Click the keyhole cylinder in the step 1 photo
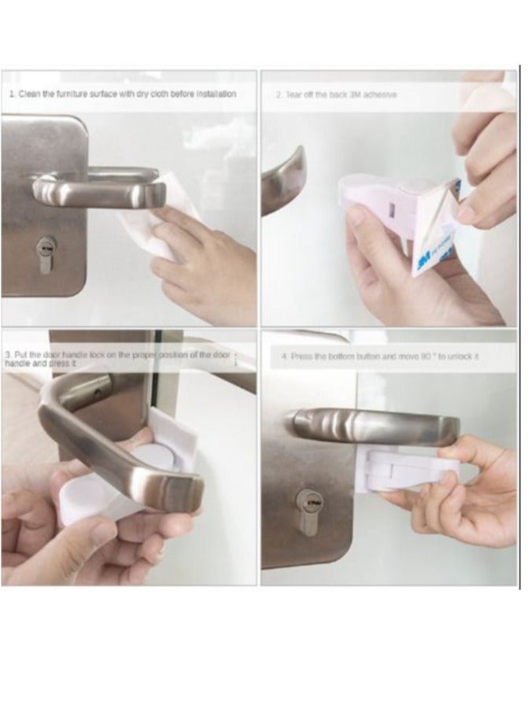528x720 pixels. coord(45,253)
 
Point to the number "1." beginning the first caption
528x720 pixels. coord(13,94)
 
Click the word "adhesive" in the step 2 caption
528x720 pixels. coord(381,94)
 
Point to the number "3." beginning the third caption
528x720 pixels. coord(7,356)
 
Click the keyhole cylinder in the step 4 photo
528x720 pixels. coord(302,501)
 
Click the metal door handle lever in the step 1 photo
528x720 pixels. coord(94,189)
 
